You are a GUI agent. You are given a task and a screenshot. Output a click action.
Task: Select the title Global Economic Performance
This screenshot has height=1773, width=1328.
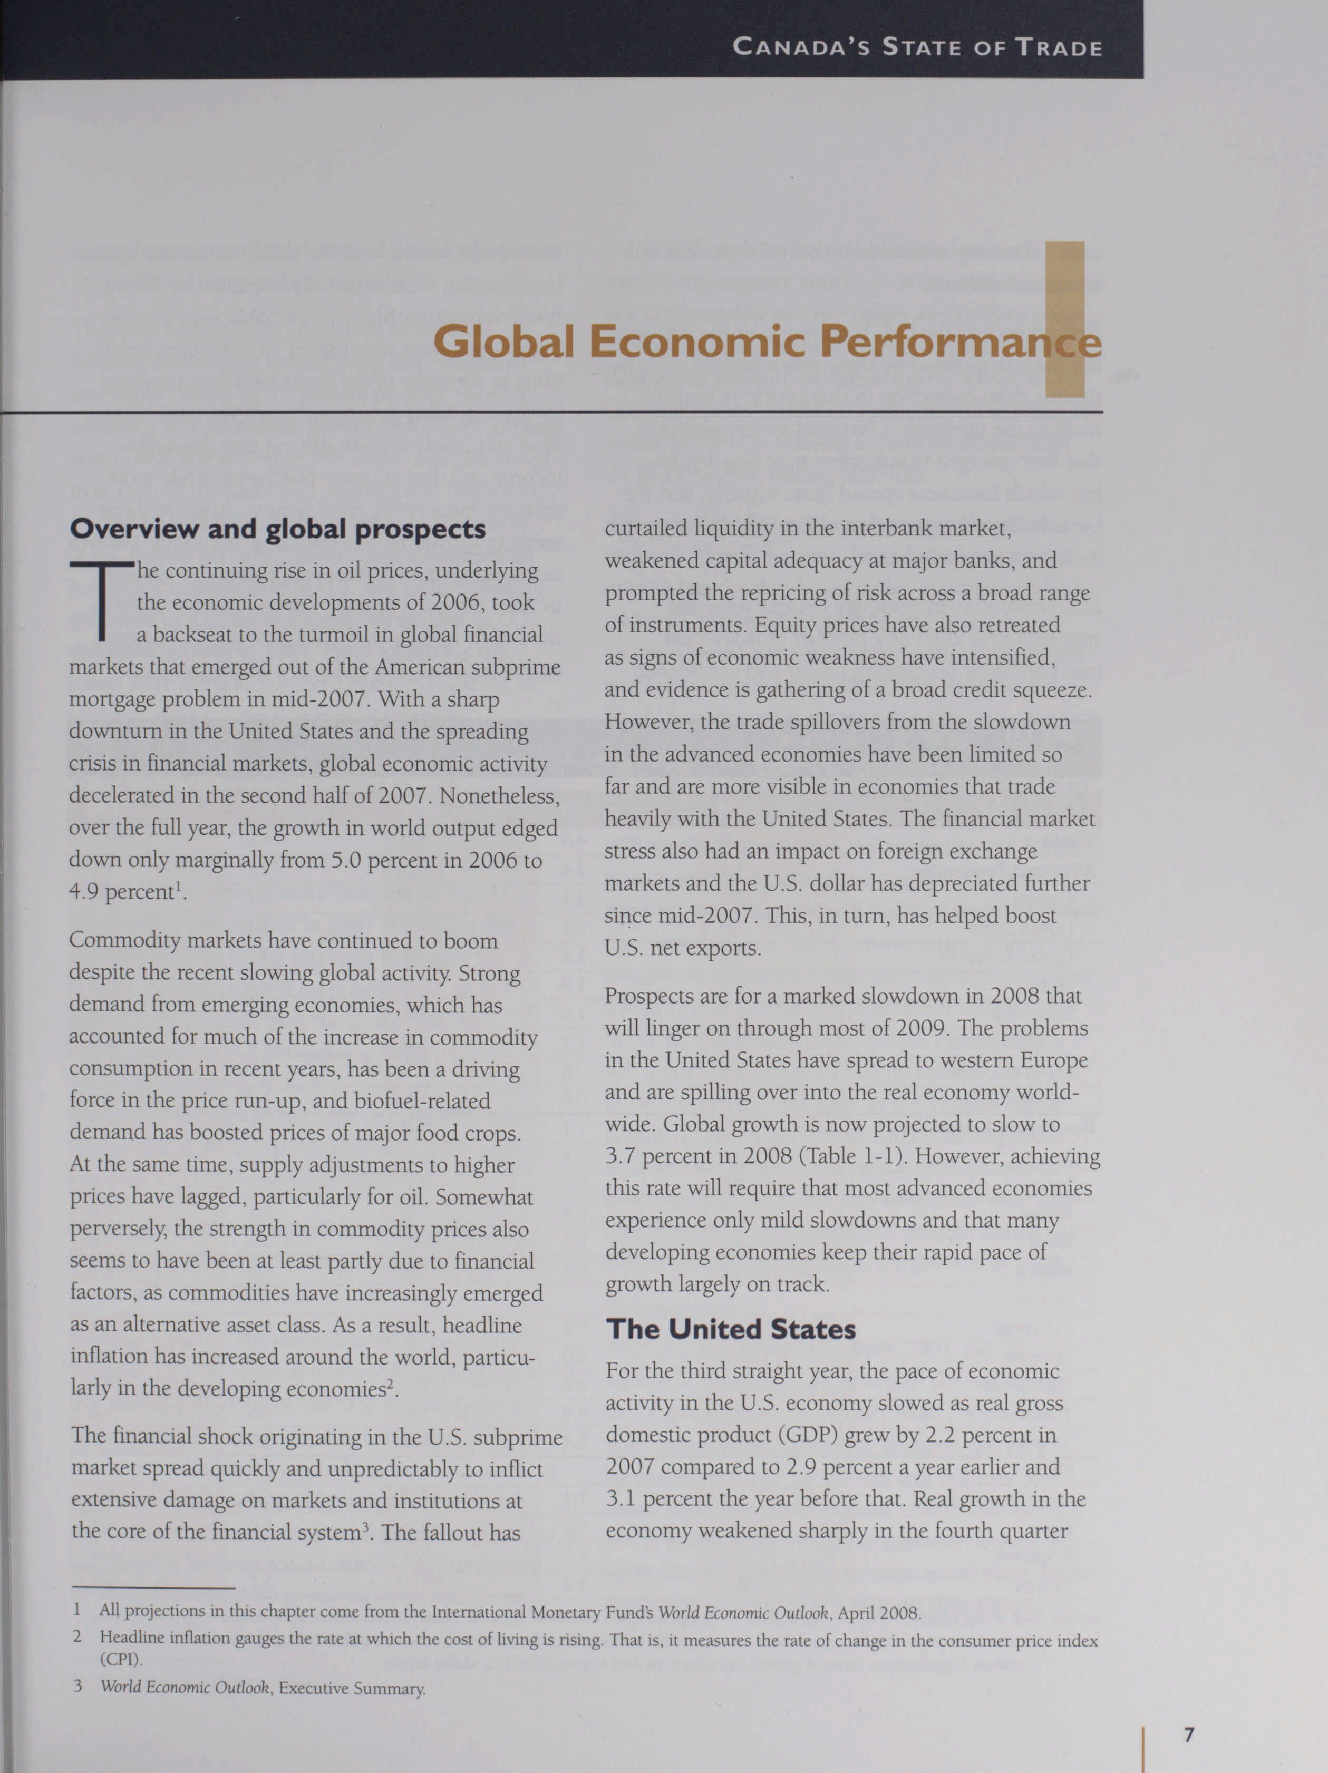coord(767,342)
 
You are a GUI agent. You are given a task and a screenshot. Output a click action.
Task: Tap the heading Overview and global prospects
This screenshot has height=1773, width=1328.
coord(277,529)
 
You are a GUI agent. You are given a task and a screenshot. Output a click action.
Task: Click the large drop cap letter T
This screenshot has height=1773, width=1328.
coord(101,601)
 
